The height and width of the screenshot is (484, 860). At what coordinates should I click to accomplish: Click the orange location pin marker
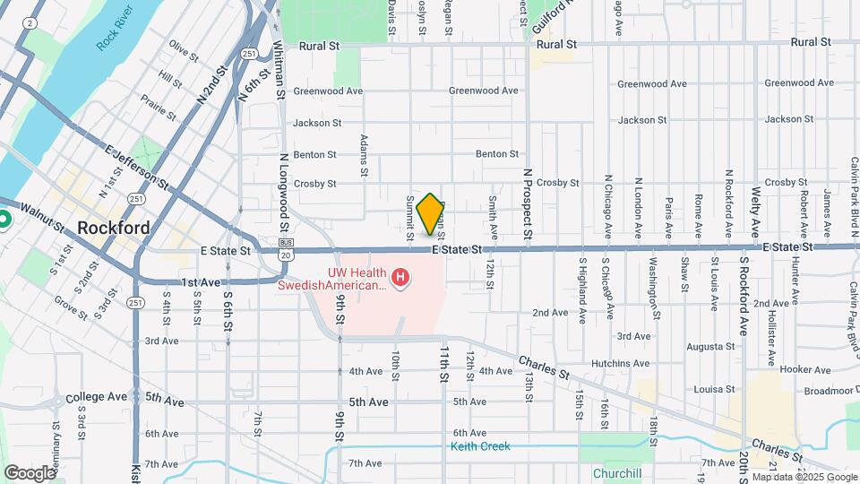click(431, 213)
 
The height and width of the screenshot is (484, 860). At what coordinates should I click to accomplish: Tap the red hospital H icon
click(401, 280)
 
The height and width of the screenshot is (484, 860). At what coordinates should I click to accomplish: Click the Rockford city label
click(114, 228)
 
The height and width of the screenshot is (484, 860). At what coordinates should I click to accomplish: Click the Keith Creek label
click(480, 446)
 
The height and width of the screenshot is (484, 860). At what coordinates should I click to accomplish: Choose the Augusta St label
click(710, 346)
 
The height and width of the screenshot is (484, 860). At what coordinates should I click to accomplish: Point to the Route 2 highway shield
click(32, 22)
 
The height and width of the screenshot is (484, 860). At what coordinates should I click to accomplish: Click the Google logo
click(30, 472)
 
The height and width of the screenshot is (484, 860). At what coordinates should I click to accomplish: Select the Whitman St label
click(279, 69)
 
